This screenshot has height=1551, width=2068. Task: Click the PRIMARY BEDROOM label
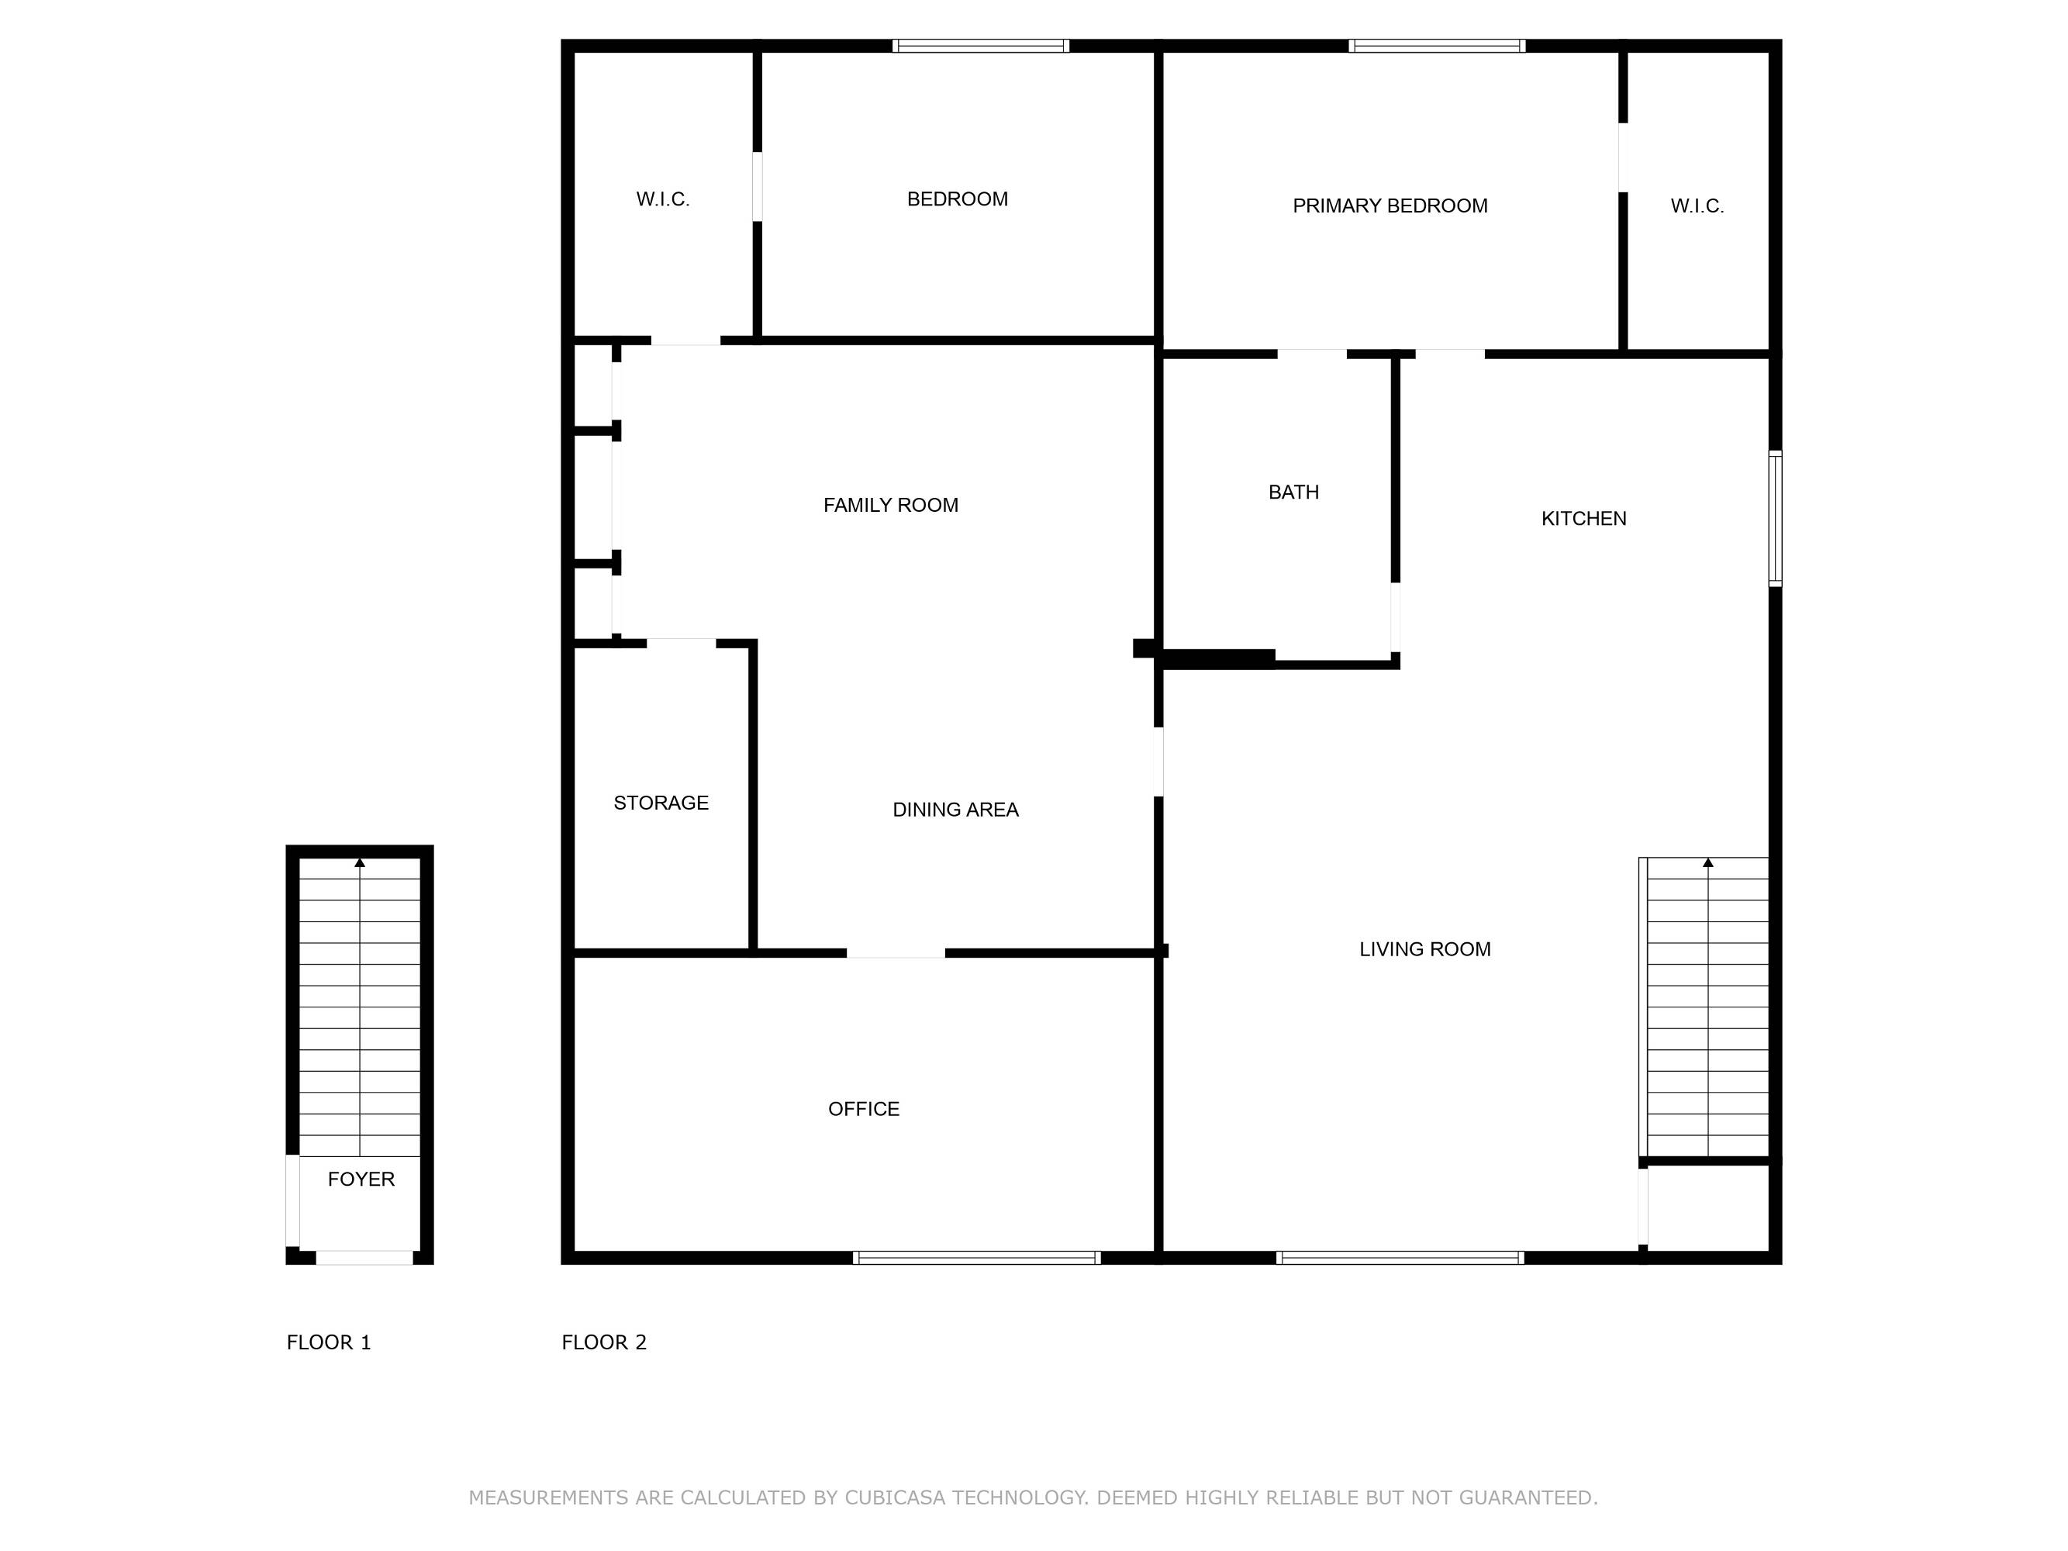tap(1390, 206)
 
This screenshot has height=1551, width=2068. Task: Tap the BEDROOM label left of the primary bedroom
tap(958, 199)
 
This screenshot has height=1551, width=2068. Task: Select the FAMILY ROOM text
tap(890, 505)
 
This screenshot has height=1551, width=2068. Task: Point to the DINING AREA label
tap(955, 810)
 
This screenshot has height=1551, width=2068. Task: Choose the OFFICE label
tap(864, 1109)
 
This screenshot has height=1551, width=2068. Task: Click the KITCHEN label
tap(1583, 518)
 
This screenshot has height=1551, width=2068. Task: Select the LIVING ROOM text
tap(1424, 949)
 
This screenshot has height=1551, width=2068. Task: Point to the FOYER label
tap(361, 1179)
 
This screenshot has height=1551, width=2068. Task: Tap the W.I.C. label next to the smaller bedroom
tap(663, 199)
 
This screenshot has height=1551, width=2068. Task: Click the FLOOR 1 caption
tap(328, 1342)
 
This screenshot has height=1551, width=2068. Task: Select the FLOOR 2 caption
tap(604, 1342)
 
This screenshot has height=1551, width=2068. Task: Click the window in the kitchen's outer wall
tap(1776, 519)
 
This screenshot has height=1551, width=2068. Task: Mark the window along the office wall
tap(977, 1257)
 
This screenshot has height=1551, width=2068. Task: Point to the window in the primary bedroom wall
tap(1437, 46)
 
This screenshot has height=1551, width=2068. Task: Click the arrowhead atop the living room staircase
tap(1708, 863)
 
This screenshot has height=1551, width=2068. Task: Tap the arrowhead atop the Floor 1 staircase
tap(360, 863)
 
